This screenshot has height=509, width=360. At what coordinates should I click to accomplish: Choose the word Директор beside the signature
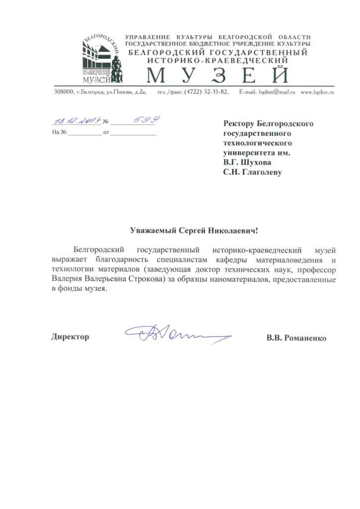pyautogui.click(x=70, y=337)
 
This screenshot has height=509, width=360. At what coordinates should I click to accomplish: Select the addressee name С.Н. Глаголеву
pyautogui.click(x=253, y=172)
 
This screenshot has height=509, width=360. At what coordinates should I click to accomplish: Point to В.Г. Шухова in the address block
pyautogui.click(x=248, y=162)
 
